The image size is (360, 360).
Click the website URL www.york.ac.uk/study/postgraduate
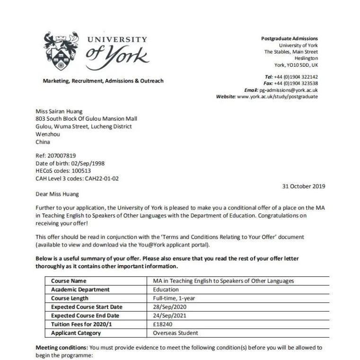coord(277,97)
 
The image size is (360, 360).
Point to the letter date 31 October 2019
coord(303,186)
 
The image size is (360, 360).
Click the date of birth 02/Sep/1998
coord(84,163)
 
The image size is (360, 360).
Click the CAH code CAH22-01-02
coord(100,178)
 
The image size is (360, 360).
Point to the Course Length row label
coord(70,298)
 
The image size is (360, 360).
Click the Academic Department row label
coord(80,290)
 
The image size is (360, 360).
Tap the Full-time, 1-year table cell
coord(174,298)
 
